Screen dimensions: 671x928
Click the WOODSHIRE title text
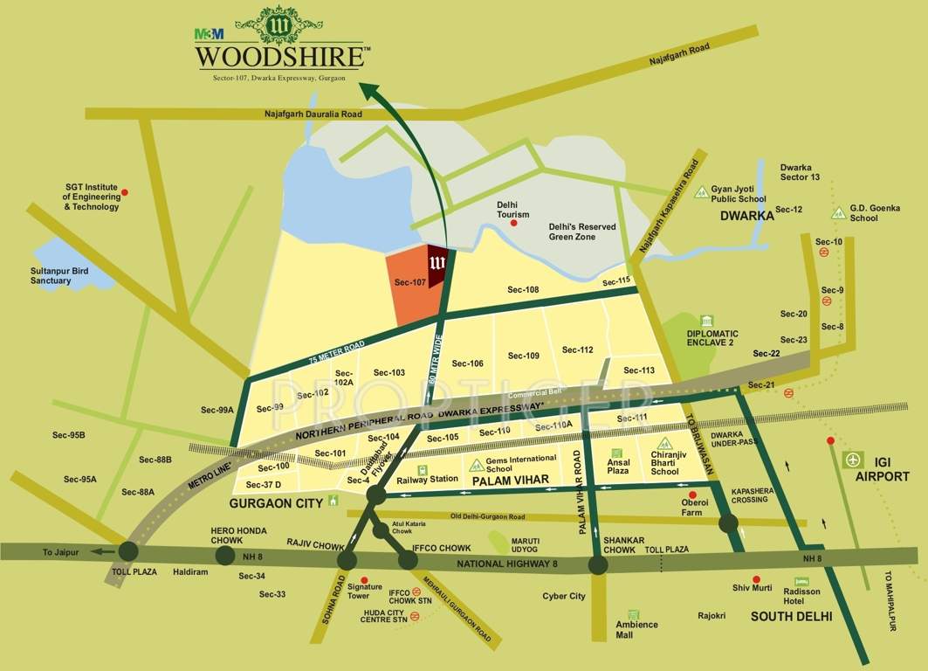click(279, 58)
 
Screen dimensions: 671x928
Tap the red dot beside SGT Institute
click(125, 192)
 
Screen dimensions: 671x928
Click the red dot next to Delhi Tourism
click(513, 224)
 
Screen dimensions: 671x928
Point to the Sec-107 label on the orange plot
click(409, 282)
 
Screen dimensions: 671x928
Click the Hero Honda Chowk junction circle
click(225, 556)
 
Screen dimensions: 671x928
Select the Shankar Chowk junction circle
click(598, 564)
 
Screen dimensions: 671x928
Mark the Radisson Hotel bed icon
click(801, 581)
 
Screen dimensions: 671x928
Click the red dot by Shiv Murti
click(756, 578)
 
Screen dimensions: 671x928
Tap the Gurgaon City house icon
click(333, 502)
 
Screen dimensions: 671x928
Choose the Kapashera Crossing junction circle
click(728, 523)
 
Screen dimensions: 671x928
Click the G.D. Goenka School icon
click(837, 211)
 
